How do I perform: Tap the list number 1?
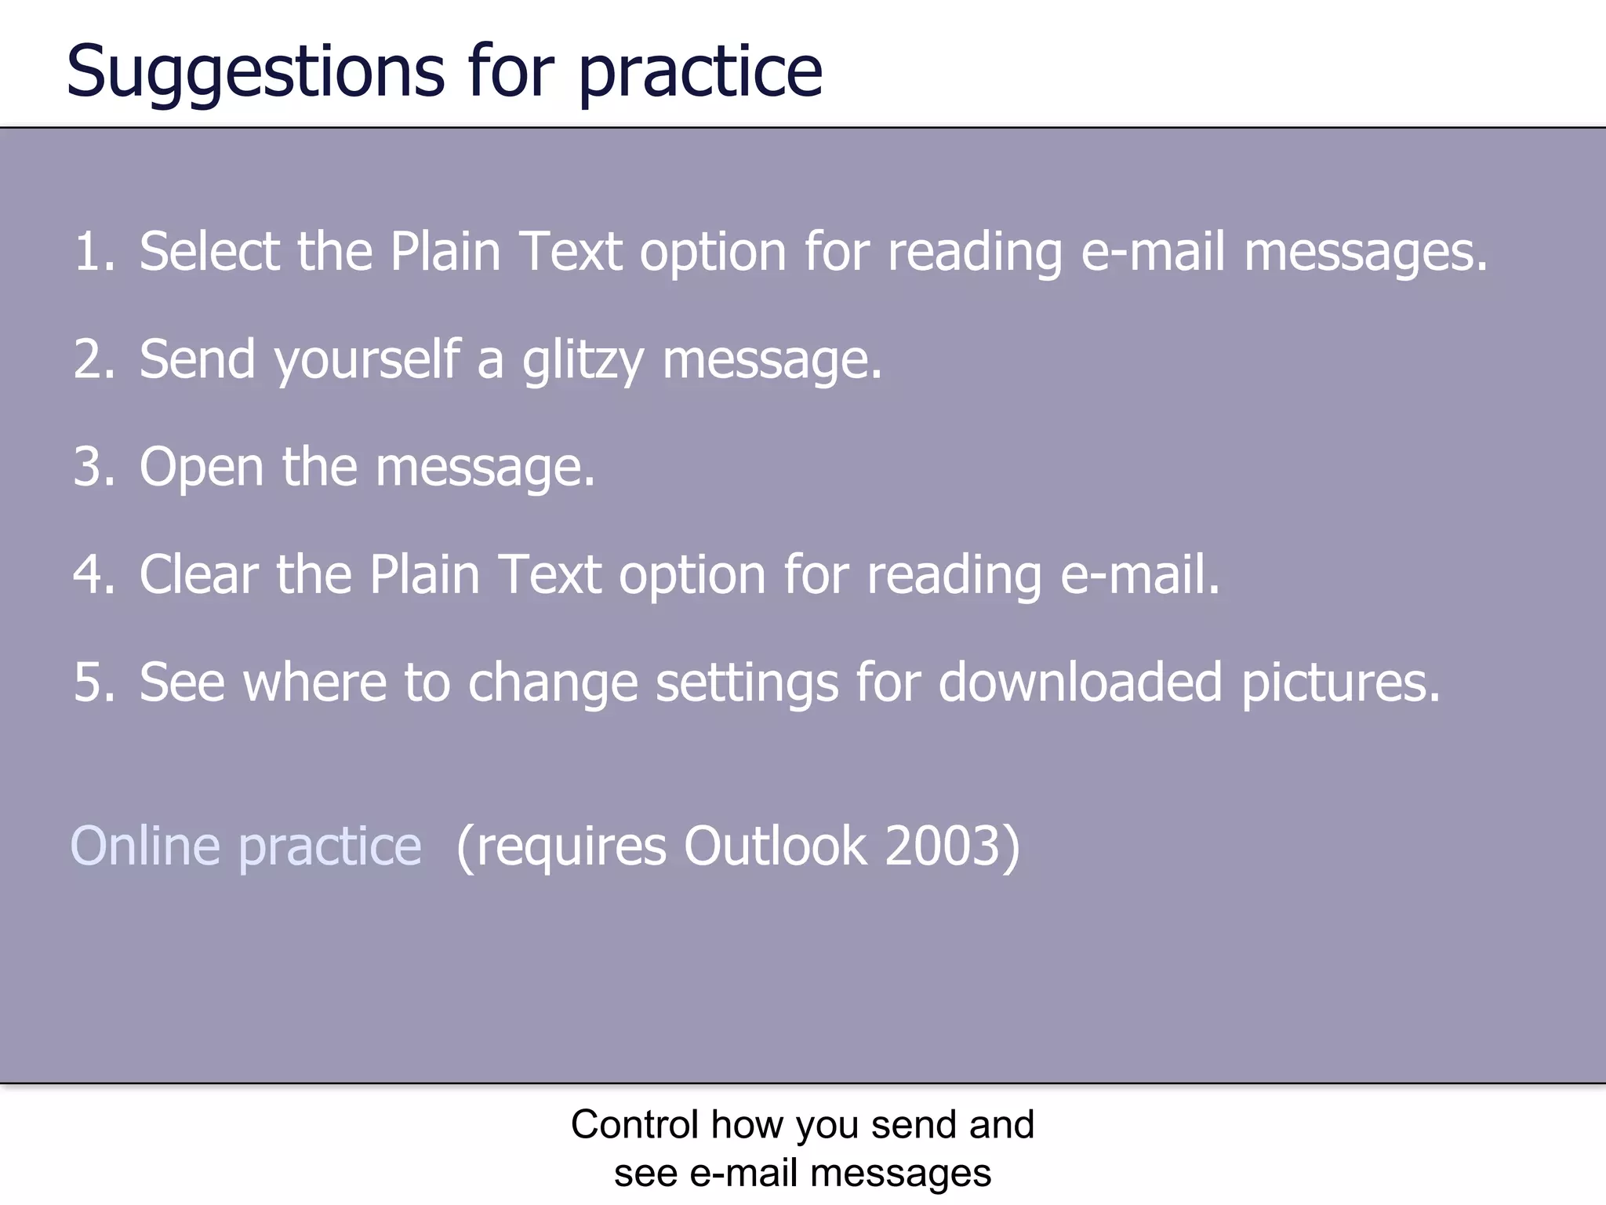(x=94, y=252)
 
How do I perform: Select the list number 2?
(x=94, y=359)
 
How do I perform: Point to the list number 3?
(x=94, y=467)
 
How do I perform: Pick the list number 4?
(x=94, y=574)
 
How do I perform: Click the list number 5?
(x=94, y=682)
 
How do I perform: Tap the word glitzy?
(x=583, y=361)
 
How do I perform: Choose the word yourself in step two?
(x=367, y=361)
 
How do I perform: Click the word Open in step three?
(x=202, y=468)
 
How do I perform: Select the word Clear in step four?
(x=198, y=574)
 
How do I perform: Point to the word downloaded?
(x=1080, y=682)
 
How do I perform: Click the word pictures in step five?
(x=1340, y=683)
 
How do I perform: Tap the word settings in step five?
(x=747, y=683)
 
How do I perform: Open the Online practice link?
(x=246, y=846)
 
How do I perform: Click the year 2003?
(x=943, y=846)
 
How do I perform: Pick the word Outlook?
(x=776, y=846)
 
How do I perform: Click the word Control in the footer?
(x=634, y=1124)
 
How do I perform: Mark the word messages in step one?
(x=1365, y=253)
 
